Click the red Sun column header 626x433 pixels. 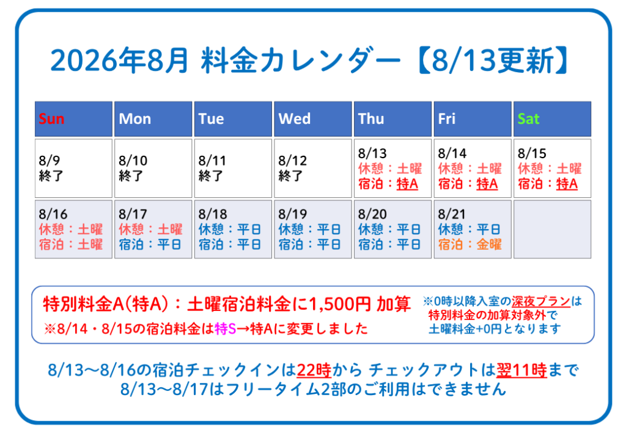pos(73,119)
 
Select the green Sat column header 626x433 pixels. pos(552,119)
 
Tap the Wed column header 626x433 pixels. pos(312,119)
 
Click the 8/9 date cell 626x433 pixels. pos(73,168)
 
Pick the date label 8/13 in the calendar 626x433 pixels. pos(372,153)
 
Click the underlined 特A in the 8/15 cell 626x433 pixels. pos(567,184)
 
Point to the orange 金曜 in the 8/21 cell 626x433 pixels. pos(488,244)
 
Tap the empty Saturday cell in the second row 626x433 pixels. pos(552,229)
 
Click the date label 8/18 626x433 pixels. pos(212,214)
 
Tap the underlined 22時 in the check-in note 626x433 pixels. pos(314,370)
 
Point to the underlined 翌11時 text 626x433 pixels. pos(521,370)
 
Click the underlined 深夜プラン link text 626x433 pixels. pos(541,301)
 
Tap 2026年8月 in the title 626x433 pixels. pos(119,60)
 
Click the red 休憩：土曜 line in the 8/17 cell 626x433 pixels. pos(150,229)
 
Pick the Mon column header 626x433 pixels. pos(153,119)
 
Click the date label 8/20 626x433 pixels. pos(372,214)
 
